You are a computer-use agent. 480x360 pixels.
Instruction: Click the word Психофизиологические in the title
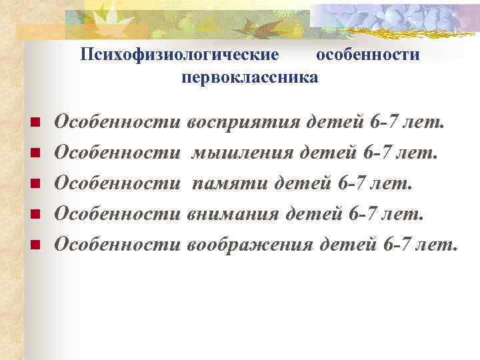pos(179,55)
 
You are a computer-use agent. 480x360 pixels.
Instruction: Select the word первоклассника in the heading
pos(249,78)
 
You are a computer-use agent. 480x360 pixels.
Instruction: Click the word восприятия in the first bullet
pos(244,123)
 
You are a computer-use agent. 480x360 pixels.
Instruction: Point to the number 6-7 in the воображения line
pos(397,244)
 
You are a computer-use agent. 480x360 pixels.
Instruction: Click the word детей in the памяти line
pos(301,184)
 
